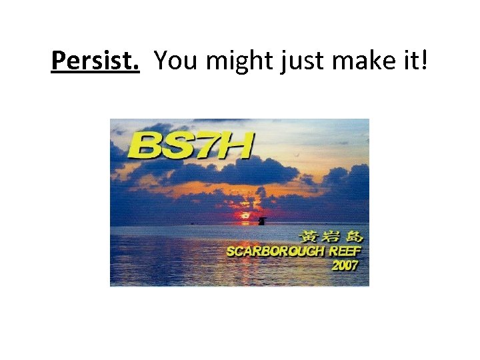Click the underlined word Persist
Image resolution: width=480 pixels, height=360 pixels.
95,61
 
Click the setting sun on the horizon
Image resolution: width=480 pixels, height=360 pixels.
245,215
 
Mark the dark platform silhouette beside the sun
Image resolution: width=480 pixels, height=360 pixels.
263,220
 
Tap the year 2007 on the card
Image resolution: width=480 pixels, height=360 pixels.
345,265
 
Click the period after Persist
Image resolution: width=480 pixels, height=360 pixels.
137,69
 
